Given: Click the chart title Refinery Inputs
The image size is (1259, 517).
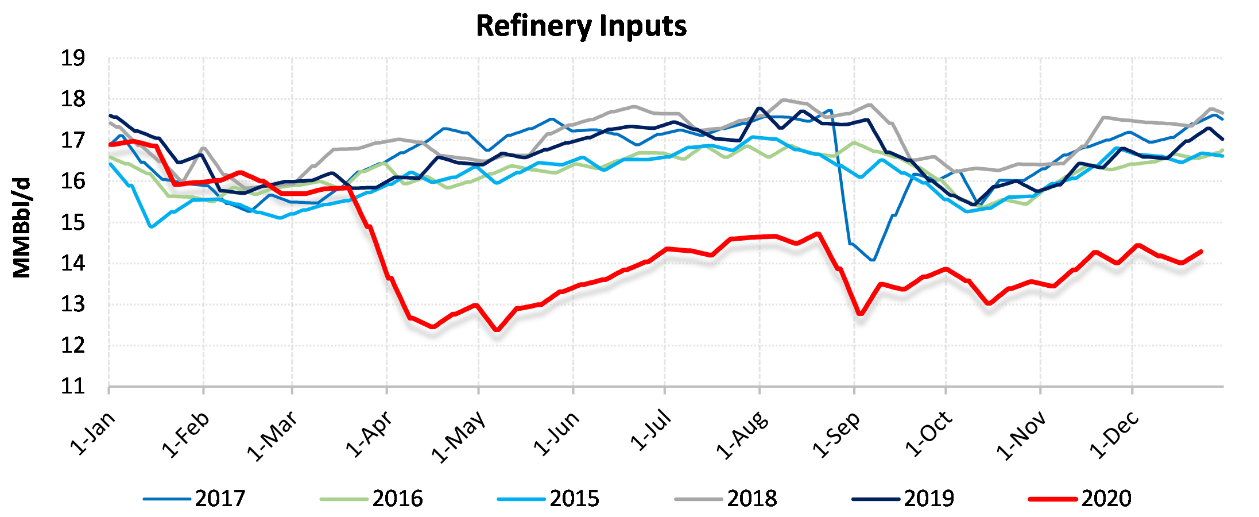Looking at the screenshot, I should coord(581,26).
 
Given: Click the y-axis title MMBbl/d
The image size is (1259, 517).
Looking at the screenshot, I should coord(22,227).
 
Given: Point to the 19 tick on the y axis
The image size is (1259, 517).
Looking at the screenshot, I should coord(73,58).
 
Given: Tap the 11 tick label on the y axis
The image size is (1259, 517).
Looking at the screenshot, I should coord(73,386).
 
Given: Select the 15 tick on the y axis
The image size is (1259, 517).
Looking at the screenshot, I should coord(73,222).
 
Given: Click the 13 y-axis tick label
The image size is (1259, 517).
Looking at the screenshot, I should coord(73,304).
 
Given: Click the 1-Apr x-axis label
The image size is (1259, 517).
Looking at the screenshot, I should coord(370,434).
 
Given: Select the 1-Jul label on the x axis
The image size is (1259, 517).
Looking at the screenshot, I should coord(650,430).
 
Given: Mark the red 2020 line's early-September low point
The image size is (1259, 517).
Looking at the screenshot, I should coord(860,314).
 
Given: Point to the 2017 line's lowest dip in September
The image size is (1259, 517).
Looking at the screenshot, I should coord(873,260).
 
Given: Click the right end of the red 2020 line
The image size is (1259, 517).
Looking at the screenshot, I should coord(1201,252).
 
